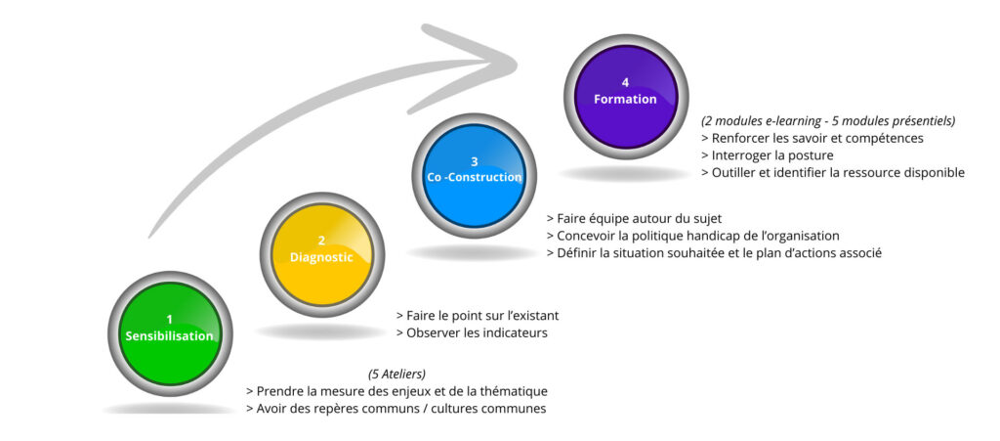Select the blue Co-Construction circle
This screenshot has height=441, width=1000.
(474, 174)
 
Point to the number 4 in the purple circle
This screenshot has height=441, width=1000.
(625, 82)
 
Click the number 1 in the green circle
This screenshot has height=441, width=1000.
(169, 319)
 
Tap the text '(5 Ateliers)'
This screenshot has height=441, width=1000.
(396, 375)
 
